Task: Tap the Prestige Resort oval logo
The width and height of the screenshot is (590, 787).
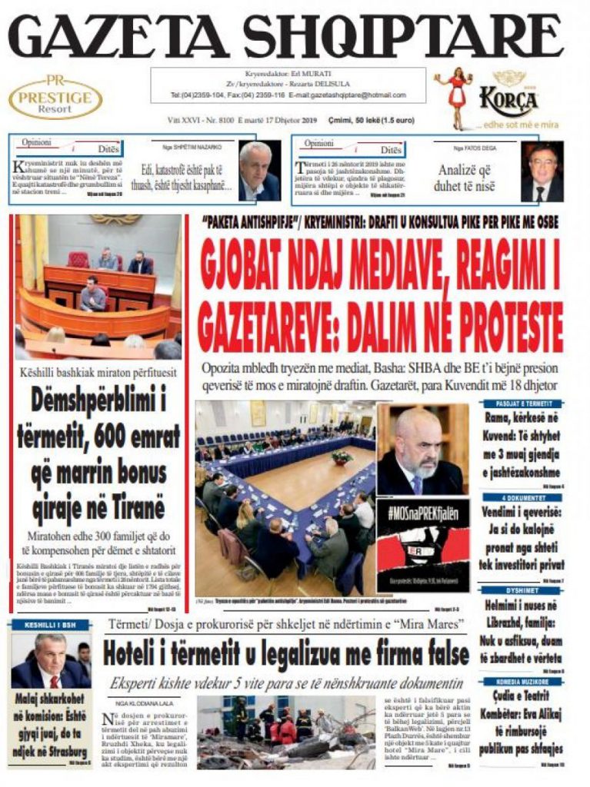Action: pos(55,98)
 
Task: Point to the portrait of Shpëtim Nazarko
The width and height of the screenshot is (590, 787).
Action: pos(259,171)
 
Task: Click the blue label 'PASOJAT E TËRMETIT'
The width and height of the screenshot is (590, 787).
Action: pos(522,403)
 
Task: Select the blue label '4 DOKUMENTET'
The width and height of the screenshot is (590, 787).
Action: pos(522,497)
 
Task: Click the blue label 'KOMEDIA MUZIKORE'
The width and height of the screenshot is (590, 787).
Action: pos(522,682)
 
